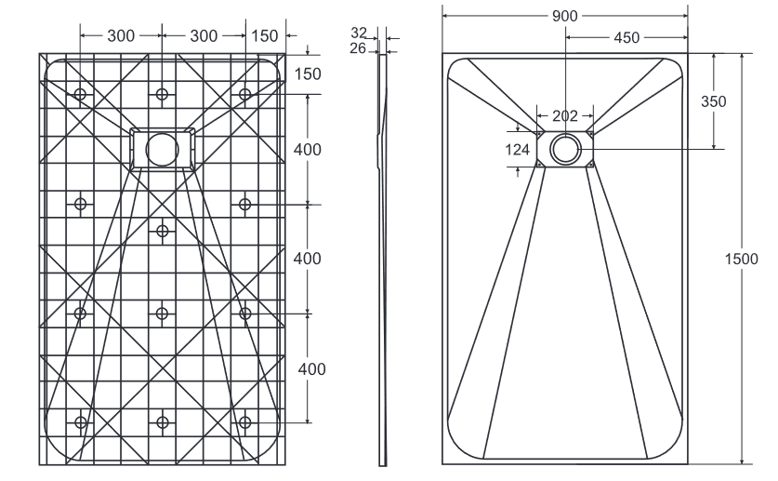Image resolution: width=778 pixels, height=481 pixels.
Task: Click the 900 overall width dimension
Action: (x=564, y=16)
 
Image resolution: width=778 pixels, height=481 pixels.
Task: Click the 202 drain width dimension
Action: (x=564, y=116)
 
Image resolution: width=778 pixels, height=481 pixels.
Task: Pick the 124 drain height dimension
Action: (x=518, y=149)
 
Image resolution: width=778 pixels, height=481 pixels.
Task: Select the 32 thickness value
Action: (x=360, y=33)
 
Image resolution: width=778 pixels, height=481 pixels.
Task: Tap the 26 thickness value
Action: (x=360, y=48)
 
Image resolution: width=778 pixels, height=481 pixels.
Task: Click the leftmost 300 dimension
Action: (x=121, y=35)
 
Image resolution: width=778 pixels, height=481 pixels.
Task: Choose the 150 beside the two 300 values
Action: (x=265, y=35)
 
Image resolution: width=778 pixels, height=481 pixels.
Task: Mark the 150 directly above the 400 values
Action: (x=308, y=74)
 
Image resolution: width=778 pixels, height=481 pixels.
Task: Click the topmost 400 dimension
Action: (x=308, y=150)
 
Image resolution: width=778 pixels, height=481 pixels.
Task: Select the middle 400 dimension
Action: (x=308, y=258)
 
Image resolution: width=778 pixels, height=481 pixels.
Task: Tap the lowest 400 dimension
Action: (x=310, y=368)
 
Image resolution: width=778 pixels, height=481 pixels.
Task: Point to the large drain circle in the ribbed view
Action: (x=163, y=149)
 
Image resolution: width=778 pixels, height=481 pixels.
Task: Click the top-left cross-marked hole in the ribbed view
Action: (x=81, y=95)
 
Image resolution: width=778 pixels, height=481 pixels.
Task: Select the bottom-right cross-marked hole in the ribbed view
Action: (x=244, y=422)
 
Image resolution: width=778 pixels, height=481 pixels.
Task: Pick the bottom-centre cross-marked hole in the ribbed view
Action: (x=163, y=422)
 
